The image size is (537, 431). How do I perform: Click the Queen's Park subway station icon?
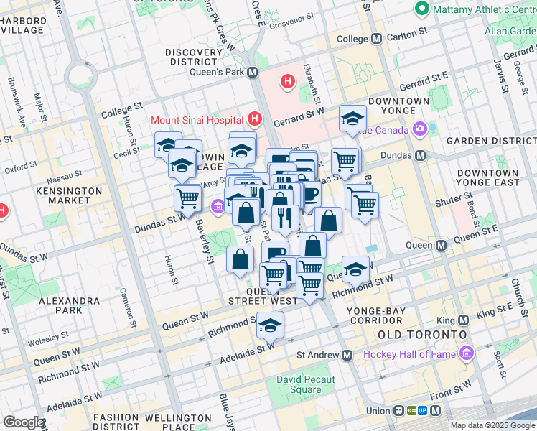coord(253,72)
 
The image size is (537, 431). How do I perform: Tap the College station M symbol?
coord(376,39)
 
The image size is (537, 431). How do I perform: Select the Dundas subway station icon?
coord(421,155)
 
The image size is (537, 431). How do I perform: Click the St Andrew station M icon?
coord(347,355)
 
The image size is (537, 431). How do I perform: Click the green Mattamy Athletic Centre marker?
coord(421,9)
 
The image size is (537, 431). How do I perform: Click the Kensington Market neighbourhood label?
coord(70,196)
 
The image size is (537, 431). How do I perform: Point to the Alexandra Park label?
coord(70,306)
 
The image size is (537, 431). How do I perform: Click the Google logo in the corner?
coord(24,422)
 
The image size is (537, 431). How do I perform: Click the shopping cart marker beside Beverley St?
coord(188,198)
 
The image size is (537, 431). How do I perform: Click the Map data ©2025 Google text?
coord(492,425)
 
